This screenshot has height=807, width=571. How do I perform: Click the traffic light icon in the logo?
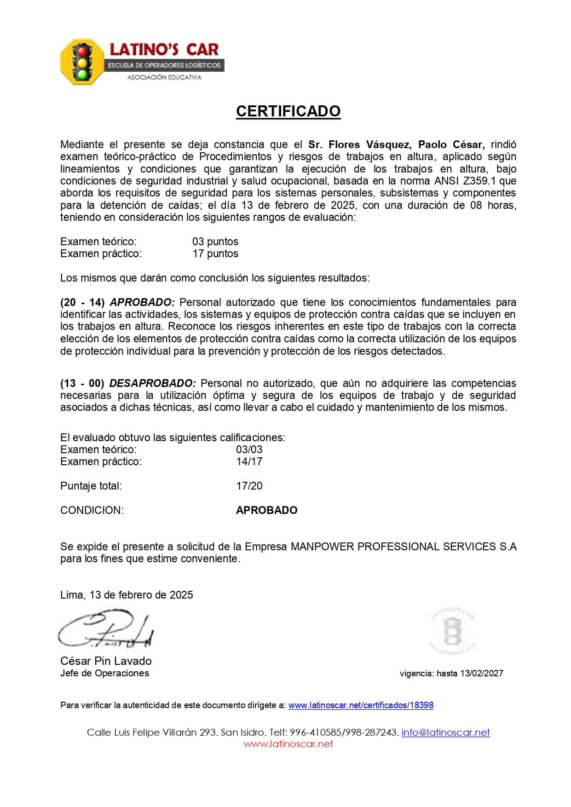point(83,61)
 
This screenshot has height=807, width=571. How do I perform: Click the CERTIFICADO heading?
point(288,111)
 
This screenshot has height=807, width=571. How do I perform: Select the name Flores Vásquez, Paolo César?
point(396,144)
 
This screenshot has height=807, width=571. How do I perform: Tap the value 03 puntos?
point(215,242)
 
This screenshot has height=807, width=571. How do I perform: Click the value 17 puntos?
point(215,254)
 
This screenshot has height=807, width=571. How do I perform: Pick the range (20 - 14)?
point(82,302)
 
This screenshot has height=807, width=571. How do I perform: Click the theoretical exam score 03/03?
point(249,450)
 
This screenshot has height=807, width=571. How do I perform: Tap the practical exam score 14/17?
point(249,461)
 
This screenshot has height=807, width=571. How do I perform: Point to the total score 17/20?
point(249,486)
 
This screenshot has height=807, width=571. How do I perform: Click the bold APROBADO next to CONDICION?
point(267,510)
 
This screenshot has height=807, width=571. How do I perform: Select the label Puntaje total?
point(91,486)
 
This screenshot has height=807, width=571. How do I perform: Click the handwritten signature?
point(106,630)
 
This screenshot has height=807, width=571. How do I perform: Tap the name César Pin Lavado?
point(106,661)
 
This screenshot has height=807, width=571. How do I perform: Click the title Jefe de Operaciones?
point(104,673)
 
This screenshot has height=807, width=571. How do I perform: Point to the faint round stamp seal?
point(453,631)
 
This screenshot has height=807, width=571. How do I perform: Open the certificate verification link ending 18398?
point(361,705)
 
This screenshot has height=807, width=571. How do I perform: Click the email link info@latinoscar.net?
point(445,732)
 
